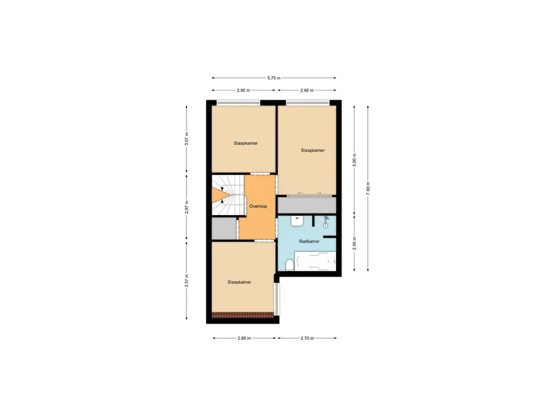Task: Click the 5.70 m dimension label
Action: [x=274, y=78]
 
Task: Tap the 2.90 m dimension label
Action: [x=243, y=90]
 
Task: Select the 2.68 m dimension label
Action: [x=307, y=90]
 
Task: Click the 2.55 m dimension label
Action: [x=354, y=243]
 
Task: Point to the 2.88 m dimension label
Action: [x=244, y=338]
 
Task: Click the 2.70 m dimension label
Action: [x=307, y=338]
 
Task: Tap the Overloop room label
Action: [x=257, y=206]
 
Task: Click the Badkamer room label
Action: [x=309, y=242]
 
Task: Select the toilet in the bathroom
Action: [x=289, y=264]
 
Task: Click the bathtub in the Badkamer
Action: [x=315, y=261]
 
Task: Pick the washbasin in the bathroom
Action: [x=296, y=220]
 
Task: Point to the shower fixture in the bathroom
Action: [x=326, y=222]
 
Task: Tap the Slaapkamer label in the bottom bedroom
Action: [x=239, y=282]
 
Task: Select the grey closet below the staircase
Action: [x=222, y=229]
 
